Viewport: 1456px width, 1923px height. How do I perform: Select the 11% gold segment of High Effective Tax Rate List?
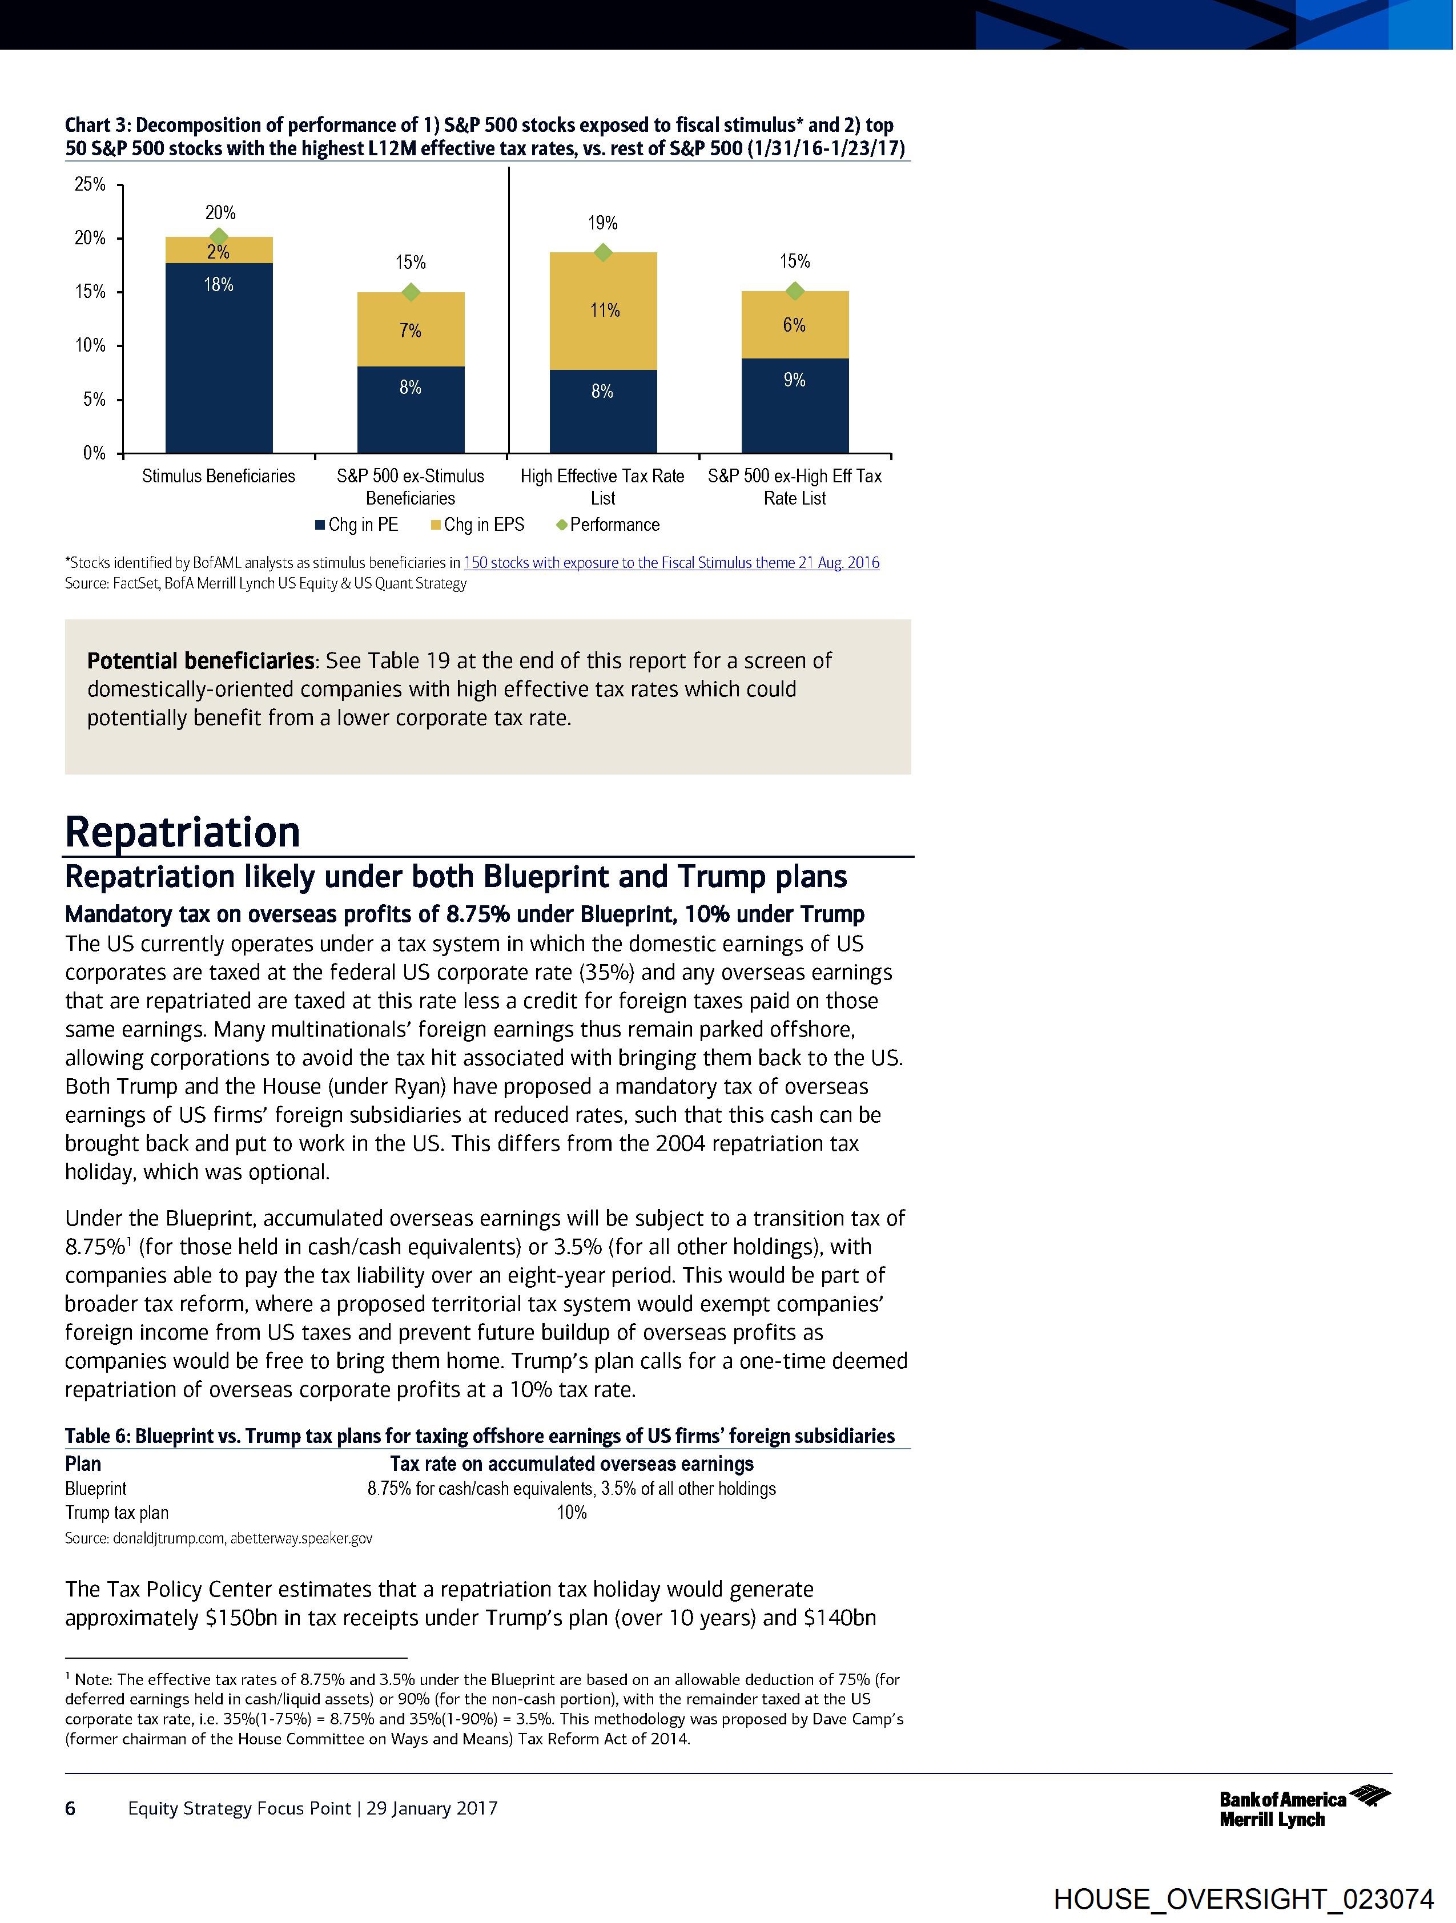coord(603,311)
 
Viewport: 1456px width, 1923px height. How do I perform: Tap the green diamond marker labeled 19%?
coord(602,252)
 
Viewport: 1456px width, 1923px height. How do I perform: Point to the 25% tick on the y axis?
coord(90,184)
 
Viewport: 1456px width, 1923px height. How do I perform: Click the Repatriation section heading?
coord(183,831)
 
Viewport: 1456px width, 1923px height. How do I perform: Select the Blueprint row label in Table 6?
coord(96,1488)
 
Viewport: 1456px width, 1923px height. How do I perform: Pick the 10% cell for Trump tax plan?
coord(572,1513)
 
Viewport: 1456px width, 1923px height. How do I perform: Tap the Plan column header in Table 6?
coord(83,1464)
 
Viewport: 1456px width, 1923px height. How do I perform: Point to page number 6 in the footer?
coord(70,1808)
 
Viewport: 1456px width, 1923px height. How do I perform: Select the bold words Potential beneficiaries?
coord(200,661)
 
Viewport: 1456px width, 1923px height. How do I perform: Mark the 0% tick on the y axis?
coord(94,453)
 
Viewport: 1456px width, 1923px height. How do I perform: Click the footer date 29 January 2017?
coord(432,1808)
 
